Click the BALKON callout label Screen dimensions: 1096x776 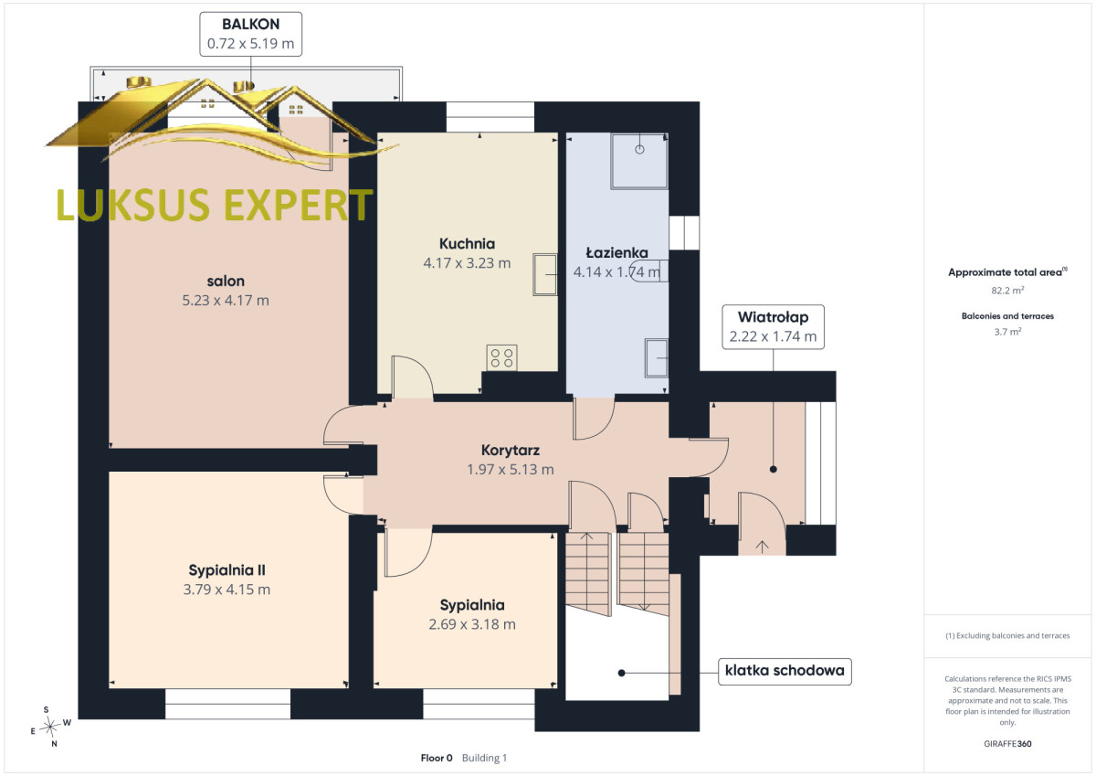click(x=250, y=34)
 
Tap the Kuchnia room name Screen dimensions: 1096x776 click(x=467, y=244)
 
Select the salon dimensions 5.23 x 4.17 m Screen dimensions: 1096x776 click(x=226, y=300)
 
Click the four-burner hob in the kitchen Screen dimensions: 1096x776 click(x=502, y=358)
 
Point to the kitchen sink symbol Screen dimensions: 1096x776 click(x=544, y=274)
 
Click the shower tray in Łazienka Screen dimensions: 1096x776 click(x=639, y=161)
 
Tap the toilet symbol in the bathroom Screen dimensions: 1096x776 click(x=649, y=271)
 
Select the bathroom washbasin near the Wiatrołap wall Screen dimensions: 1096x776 click(x=657, y=358)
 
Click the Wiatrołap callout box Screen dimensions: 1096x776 click(x=773, y=327)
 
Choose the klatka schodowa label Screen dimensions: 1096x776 click(x=785, y=671)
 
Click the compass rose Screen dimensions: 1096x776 click(x=51, y=727)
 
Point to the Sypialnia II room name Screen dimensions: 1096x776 click(x=227, y=570)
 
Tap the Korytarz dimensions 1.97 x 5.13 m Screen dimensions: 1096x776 click(x=511, y=470)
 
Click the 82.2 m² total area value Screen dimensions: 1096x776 click(x=1007, y=291)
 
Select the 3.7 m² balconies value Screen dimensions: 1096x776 click(x=1007, y=332)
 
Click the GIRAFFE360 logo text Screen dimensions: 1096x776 click(x=1007, y=744)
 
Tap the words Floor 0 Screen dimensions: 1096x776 click(x=437, y=758)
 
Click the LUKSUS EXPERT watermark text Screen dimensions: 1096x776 click(x=215, y=205)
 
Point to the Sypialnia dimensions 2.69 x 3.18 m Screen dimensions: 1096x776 click(x=472, y=624)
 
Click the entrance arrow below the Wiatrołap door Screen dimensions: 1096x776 click(x=762, y=547)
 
